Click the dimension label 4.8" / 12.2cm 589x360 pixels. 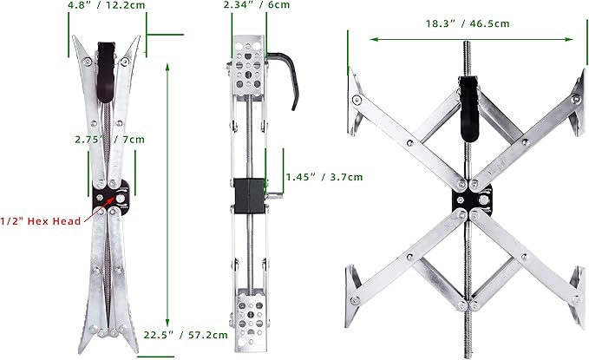click(x=107, y=5)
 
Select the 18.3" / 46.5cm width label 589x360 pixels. click(x=468, y=23)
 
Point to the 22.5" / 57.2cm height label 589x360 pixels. click(x=186, y=335)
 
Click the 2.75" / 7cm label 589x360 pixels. click(x=109, y=140)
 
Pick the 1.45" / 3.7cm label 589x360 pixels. click(x=324, y=177)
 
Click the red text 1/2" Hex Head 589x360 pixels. click(x=41, y=221)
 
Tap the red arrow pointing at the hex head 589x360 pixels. click(x=100, y=209)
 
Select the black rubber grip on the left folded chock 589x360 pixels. click(x=107, y=71)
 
